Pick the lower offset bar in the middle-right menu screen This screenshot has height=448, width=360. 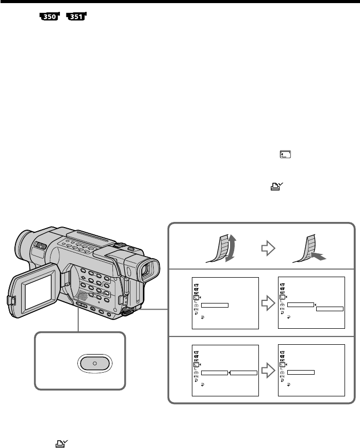(x=330, y=309)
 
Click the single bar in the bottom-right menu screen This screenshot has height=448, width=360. (x=301, y=372)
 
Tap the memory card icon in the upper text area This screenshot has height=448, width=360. (x=285, y=154)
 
